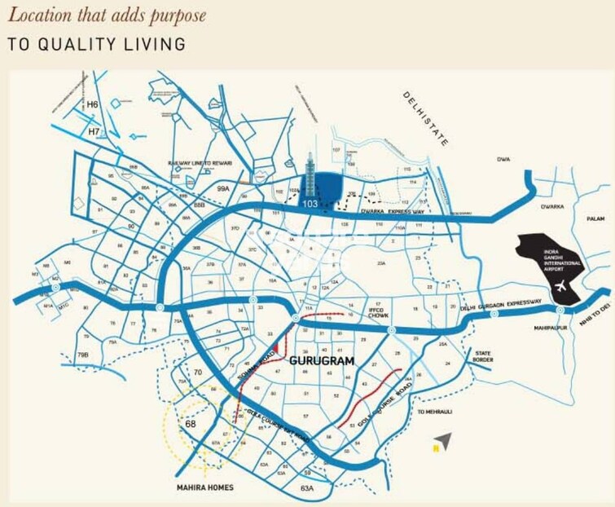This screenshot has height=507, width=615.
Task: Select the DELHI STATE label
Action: (x=425, y=118)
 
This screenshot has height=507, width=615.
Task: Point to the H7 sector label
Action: (x=94, y=130)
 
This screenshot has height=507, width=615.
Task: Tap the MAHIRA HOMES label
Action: (x=205, y=487)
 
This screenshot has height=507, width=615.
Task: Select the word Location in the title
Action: (x=39, y=15)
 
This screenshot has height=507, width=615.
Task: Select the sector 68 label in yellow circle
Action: (x=191, y=425)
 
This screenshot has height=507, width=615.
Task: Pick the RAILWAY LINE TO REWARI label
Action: (x=200, y=163)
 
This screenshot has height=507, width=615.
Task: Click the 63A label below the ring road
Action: (x=307, y=487)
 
